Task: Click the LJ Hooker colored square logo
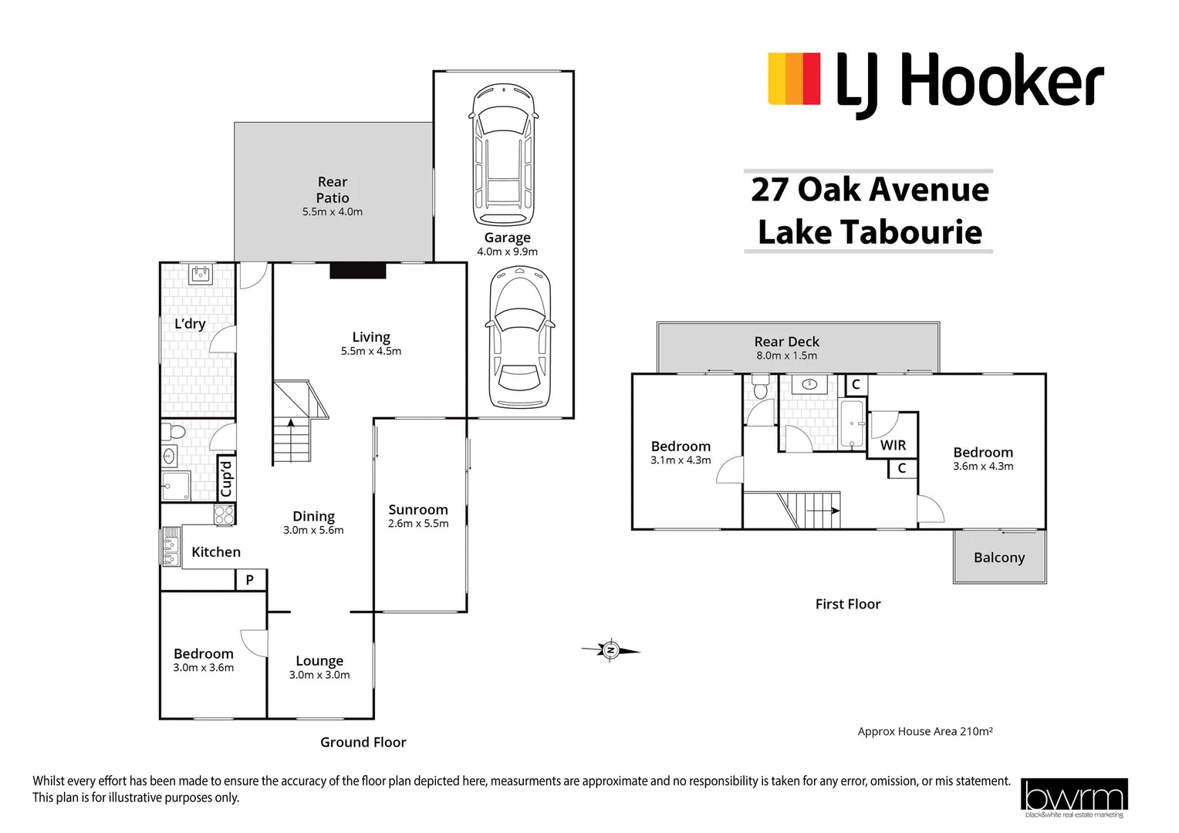tap(793, 79)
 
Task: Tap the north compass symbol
tap(610, 651)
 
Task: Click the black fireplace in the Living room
tap(357, 271)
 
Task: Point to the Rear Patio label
tap(333, 190)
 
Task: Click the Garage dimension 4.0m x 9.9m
tap(507, 251)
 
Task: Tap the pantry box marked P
tap(250, 580)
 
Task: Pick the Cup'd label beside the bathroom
tap(226, 478)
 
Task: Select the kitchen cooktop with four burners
tap(224, 514)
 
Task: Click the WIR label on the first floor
tap(893, 445)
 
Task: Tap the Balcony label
tap(998, 558)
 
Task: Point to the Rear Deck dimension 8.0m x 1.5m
tap(786, 356)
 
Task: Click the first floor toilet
tap(760, 386)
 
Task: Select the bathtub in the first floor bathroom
tap(852, 423)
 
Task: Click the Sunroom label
tap(417, 510)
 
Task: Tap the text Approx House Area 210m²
tap(924, 731)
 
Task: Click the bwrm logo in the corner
tap(1073, 798)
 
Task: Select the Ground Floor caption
tap(363, 742)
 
